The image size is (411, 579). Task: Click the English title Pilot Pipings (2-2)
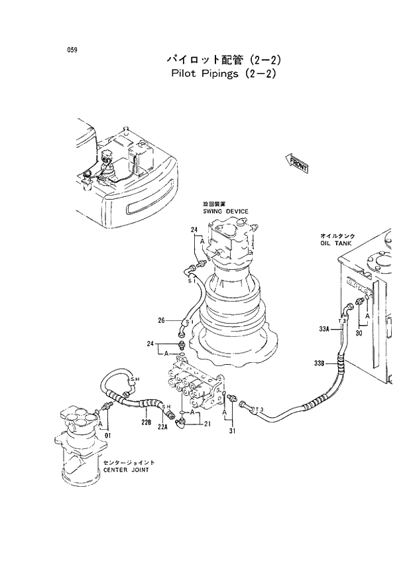click(x=220, y=74)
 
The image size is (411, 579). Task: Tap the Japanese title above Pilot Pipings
click(x=220, y=59)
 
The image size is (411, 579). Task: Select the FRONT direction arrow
click(x=296, y=163)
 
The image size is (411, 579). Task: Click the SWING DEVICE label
click(x=225, y=211)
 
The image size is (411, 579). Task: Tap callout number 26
click(x=161, y=322)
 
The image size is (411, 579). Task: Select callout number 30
click(x=359, y=333)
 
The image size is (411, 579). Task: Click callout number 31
click(x=232, y=433)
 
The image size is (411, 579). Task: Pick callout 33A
click(x=323, y=328)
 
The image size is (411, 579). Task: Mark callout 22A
click(x=163, y=427)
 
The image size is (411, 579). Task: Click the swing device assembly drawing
click(x=232, y=292)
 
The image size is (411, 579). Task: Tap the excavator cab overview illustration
click(x=126, y=176)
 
